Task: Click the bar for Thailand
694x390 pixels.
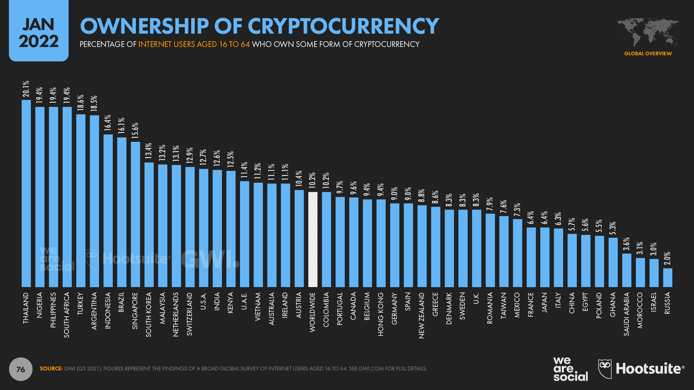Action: coord(26,194)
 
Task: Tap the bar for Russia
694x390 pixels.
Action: coord(667,278)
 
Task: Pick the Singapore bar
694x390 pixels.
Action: coord(135,214)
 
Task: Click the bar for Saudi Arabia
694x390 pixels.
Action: coord(626,270)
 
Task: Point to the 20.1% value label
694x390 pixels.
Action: coord(26,89)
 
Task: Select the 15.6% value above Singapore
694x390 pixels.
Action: coord(135,131)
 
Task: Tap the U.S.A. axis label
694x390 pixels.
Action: coord(204,301)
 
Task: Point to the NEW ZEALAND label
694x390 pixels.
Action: coord(421,315)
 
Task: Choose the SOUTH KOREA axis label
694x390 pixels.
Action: coord(149,314)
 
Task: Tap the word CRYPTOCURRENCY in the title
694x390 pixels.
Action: coord(343,26)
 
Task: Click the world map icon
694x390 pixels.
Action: coord(648,32)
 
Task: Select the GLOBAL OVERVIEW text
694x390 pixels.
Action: coord(648,54)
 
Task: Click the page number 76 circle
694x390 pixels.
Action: coord(21,369)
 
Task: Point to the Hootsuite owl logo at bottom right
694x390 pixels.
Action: coord(605,369)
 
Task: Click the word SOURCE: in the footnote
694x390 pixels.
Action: coord(51,369)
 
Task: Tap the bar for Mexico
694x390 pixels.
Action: coord(517,253)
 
